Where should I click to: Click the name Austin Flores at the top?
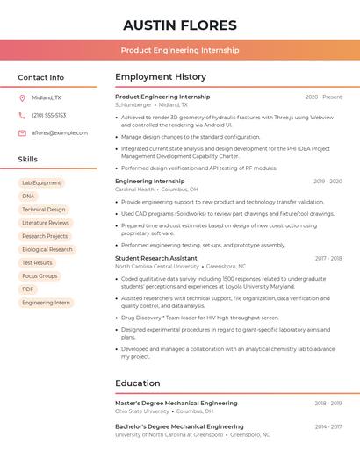(x=180, y=25)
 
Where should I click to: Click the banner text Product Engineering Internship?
(x=180, y=50)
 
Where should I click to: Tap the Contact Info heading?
(x=41, y=77)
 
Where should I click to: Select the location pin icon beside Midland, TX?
(x=22, y=97)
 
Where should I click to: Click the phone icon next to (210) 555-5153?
(x=22, y=115)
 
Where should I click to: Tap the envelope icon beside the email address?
(x=22, y=132)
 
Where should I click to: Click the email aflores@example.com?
(x=60, y=132)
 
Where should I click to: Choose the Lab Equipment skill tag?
(x=41, y=183)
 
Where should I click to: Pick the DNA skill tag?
(x=29, y=197)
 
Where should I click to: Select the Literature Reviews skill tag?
(x=46, y=223)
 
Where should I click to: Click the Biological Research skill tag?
(x=47, y=249)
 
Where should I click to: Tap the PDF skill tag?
(x=28, y=289)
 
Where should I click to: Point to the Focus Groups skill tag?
(x=40, y=275)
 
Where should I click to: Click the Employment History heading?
(x=161, y=77)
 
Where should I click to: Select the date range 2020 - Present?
(x=323, y=97)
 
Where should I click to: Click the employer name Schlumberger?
(x=133, y=104)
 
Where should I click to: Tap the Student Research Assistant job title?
(x=156, y=258)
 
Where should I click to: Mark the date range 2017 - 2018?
(x=328, y=258)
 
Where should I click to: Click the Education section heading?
(x=138, y=383)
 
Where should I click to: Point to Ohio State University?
(x=142, y=411)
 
